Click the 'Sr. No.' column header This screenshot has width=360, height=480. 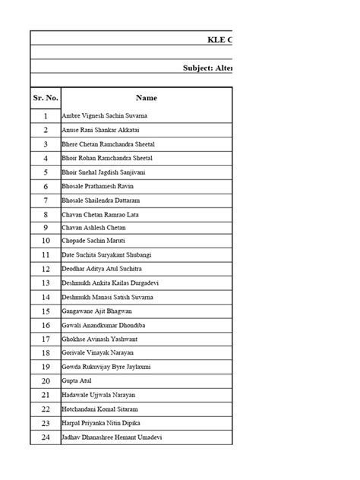pos(46,98)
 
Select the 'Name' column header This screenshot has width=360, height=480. pos(146,98)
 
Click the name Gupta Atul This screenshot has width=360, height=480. pos(77,381)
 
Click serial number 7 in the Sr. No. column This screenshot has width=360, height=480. pos(46,200)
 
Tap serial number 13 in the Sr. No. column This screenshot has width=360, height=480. pos(46,283)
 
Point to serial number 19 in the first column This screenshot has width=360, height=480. pos(46,367)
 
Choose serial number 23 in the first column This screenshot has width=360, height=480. pos(46,423)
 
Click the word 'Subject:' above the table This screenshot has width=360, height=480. pos(198,68)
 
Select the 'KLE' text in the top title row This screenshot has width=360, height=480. pos(216,39)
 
